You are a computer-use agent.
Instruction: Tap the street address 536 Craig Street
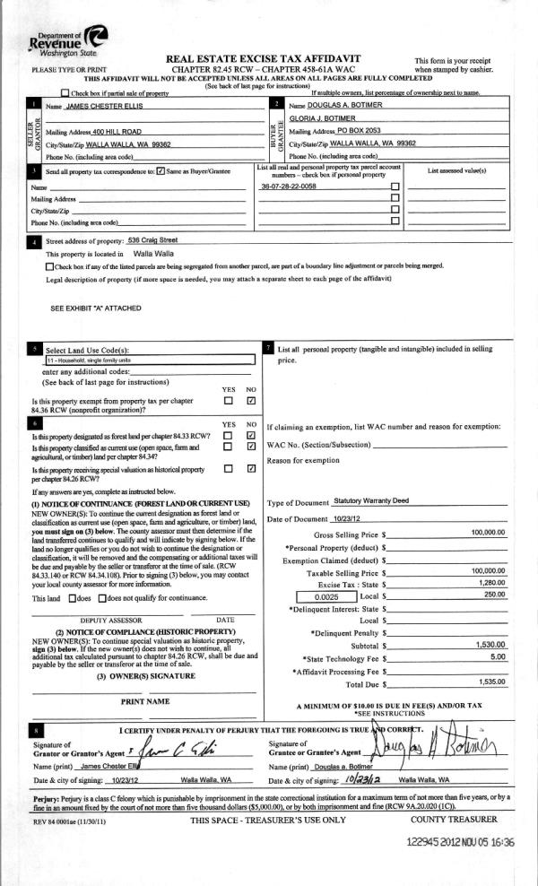click(153, 240)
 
